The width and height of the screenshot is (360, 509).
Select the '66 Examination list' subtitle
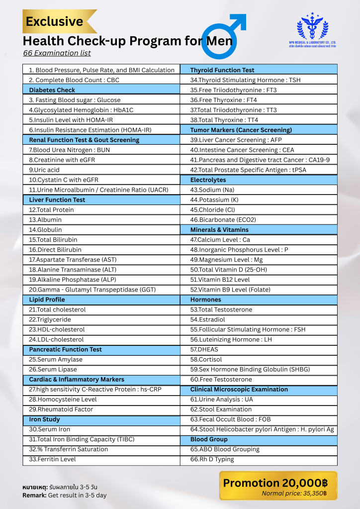(57, 53)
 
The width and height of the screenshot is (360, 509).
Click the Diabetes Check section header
(52, 90)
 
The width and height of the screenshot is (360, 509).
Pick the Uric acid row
(44, 170)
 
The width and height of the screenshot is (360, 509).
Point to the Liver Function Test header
(57, 200)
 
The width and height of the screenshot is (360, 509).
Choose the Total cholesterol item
(57, 309)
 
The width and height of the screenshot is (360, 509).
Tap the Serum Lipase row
(53, 369)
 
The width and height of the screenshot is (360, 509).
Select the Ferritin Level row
(52, 459)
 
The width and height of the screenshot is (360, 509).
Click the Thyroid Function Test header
(222, 70)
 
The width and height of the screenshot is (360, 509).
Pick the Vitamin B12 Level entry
(220, 280)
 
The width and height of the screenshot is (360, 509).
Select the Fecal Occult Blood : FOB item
(230, 419)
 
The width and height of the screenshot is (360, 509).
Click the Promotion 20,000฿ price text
(275, 483)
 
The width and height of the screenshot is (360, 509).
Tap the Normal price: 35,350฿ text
(294, 494)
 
